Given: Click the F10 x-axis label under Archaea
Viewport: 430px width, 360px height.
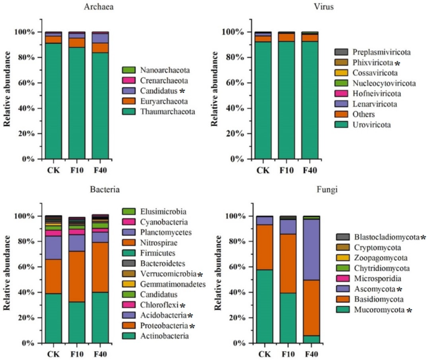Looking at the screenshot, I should click(x=77, y=170).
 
